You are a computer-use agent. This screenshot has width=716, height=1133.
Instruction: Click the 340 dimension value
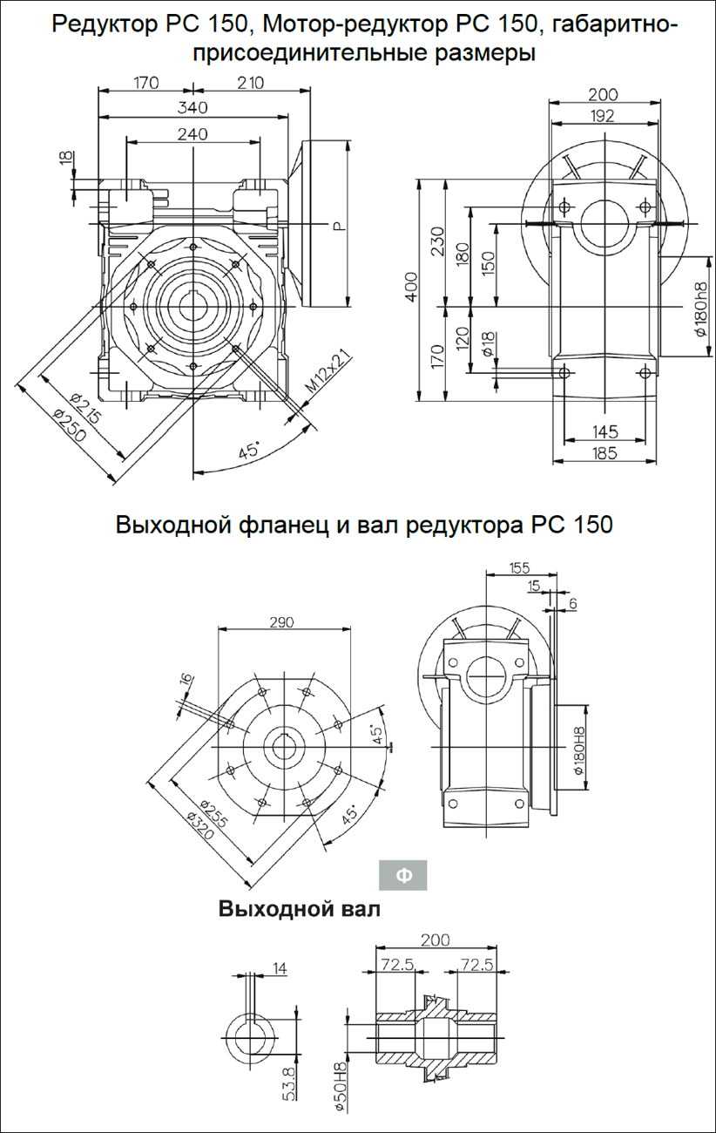192,108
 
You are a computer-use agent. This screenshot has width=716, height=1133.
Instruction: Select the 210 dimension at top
250,83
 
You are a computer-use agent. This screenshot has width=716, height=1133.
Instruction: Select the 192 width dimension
602,116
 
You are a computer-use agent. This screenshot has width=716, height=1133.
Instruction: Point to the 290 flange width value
281,622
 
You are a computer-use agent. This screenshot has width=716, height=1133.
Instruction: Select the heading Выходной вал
300,909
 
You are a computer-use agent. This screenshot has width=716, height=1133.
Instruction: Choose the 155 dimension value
519,568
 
